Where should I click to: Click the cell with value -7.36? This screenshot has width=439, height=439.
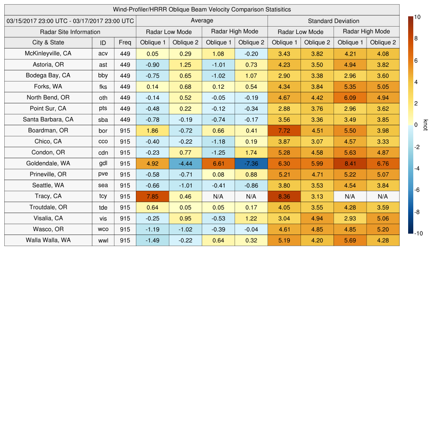tap(251, 163)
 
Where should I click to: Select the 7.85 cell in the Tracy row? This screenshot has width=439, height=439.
tap(153, 196)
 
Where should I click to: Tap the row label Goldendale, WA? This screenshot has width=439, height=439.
tap(48, 163)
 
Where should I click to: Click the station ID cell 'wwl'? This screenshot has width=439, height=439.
tap(103, 241)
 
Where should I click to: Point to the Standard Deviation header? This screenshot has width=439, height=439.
tap(334, 21)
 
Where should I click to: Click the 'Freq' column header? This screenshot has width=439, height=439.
tap(125, 42)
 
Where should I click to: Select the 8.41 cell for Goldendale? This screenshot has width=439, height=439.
tap(350, 163)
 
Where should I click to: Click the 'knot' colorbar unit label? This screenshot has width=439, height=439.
tap(426, 125)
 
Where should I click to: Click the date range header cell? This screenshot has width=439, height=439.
tap(70, 21)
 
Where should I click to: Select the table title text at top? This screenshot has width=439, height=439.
tap(202, 9)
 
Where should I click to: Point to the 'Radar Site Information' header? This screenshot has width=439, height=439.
tap(70, 32)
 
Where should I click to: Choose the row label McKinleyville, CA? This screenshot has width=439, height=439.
tap(48, 54)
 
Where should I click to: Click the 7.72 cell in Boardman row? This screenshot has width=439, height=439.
tap(284, 131)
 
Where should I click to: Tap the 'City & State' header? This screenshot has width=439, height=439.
tap(48, 42)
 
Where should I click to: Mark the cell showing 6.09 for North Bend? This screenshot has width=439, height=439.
tap(350, 98)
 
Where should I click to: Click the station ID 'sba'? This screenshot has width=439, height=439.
tap(103, 120)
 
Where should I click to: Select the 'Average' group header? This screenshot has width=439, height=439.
tap(202, 21)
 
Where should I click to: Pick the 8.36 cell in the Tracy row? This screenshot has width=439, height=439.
tap(284, 196)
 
